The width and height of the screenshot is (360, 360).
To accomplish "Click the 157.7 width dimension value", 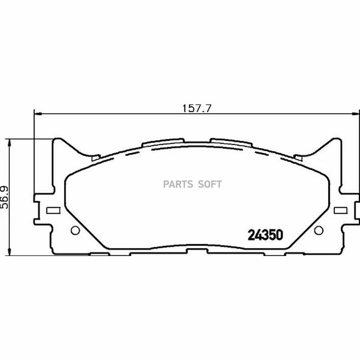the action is pos(196,108).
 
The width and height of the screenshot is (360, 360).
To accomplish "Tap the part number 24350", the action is pos(266,235).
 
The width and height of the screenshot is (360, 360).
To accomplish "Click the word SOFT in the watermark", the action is pos(210,184).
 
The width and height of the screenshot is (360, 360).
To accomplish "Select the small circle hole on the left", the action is pos(75,230).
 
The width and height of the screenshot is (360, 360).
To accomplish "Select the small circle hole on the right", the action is pos(319,230).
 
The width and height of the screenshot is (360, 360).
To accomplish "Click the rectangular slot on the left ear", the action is pos(53,210).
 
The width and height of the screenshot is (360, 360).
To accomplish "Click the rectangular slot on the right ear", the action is pos(340,210).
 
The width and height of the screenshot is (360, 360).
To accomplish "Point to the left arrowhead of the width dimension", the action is pos(37,114).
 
